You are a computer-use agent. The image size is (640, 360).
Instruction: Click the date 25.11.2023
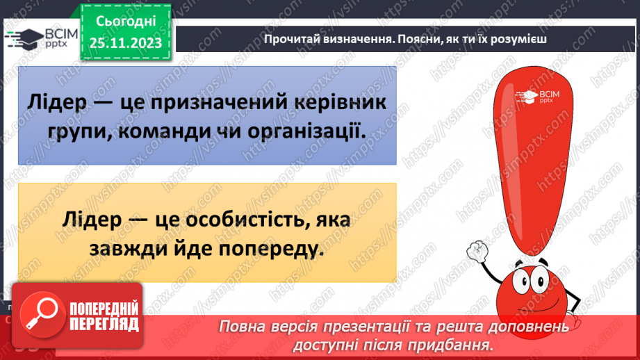(x=125, y=44)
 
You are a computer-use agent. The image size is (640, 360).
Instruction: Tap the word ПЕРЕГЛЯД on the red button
(x=104, y=324)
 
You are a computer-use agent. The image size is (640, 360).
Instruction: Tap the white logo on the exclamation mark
(x=535, y=97)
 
